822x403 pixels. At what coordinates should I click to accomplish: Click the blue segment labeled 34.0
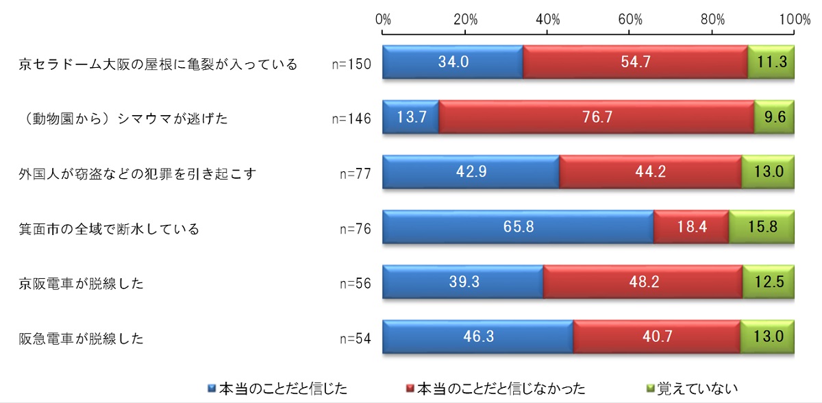[453, 63]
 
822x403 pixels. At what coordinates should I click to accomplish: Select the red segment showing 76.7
[596, 118]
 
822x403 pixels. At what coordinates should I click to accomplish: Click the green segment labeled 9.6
[774, 118]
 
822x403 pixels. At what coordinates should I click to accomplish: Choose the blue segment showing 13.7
[411, 118]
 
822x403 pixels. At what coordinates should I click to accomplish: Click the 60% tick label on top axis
[630, 19]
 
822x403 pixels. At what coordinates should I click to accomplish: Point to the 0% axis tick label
[384, 19]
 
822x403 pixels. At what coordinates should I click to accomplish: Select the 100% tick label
[795, 19]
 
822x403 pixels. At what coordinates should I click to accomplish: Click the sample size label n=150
[351, 64]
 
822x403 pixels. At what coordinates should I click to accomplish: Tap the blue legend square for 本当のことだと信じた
[212, 389]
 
